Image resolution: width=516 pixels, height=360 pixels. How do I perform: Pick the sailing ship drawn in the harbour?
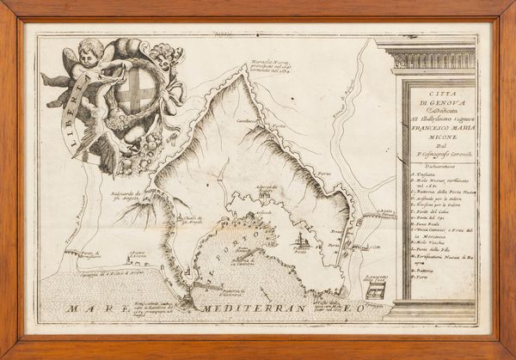[x=300, y=240]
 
